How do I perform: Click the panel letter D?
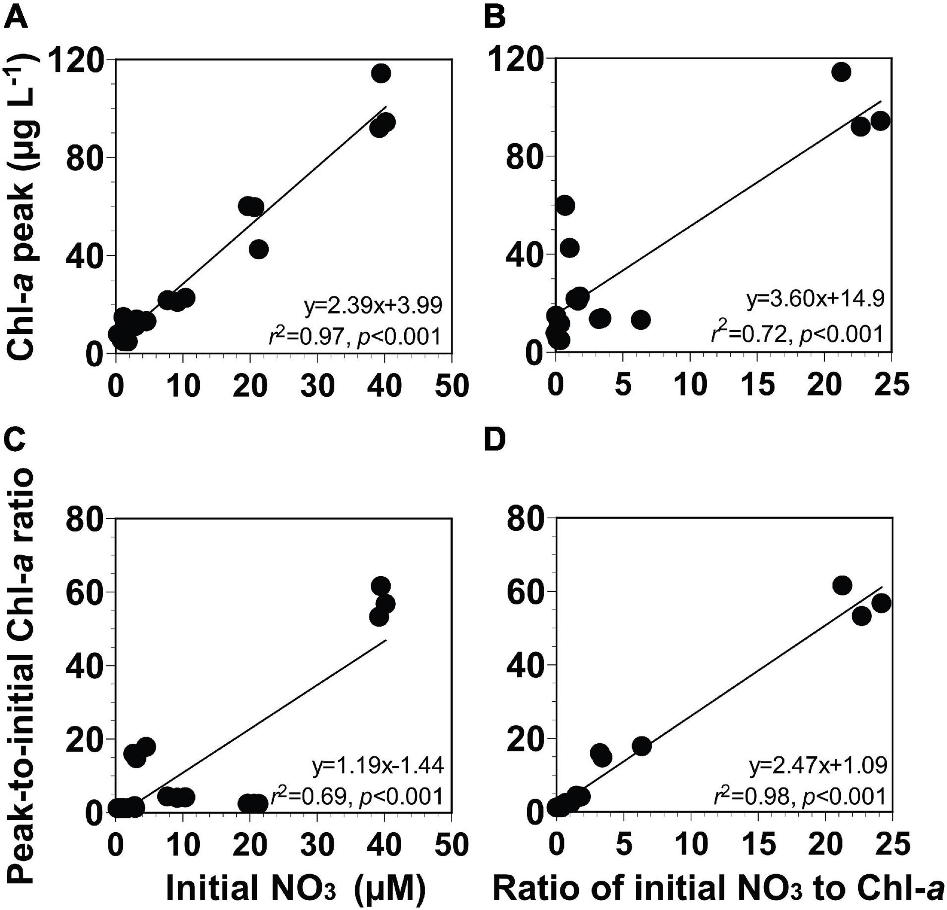tap(494, 440)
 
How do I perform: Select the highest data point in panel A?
tap(381, 74)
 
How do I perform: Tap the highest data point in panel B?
tap(841, 72)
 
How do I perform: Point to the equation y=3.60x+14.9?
tap(816, 300)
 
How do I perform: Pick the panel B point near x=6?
tap(641, 319)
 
